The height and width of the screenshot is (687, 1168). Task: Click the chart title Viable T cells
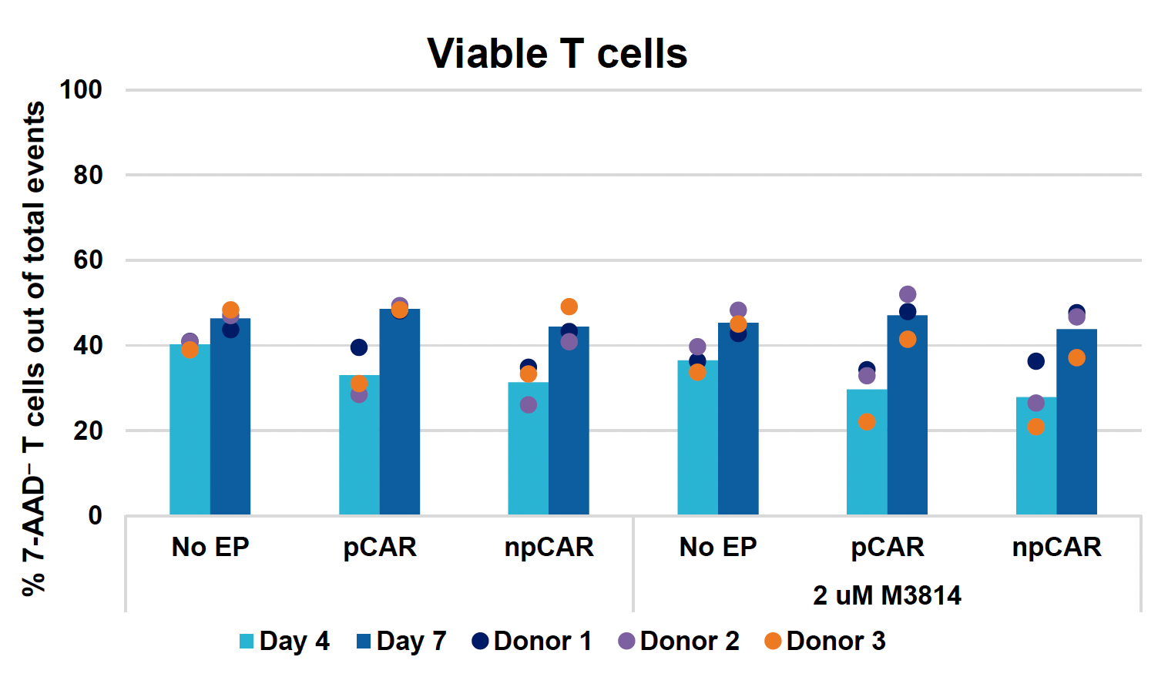point(557,54)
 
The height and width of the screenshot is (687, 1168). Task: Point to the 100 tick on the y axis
point(82,90)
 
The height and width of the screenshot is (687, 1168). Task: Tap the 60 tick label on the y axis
point(88,260)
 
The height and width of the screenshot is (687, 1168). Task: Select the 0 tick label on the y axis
point(95,516)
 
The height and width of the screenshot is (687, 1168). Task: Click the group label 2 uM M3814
point(887,595)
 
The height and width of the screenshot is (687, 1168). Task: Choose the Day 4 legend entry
point(284,641)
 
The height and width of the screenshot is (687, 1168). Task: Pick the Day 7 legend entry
point(401,641)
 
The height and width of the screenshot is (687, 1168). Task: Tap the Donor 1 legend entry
point(532,641)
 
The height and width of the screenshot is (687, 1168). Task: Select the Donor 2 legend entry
point(678,641)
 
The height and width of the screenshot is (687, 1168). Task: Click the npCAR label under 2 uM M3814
point(1056,547)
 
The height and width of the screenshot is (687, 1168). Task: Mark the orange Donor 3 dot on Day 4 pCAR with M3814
point(867,422)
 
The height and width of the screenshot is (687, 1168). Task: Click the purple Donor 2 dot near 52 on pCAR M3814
point(908,294)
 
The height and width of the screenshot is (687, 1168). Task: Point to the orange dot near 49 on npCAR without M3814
point(569,307)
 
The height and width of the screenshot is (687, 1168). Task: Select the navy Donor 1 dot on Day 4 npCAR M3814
point(1036,361)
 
